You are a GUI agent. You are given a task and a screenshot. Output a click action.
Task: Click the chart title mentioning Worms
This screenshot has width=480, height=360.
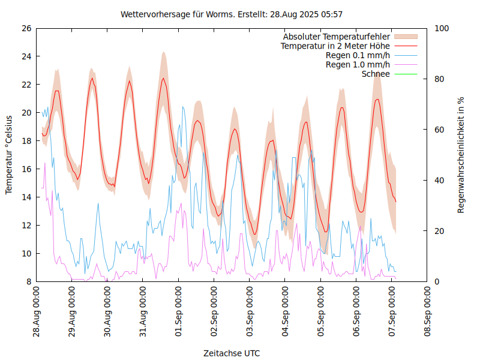click(x=232, y=14)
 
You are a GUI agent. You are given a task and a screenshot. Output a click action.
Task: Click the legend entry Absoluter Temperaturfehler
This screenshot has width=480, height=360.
click(x=337, y=37)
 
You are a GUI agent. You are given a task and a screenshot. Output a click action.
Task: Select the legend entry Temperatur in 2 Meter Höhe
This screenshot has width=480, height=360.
click(x=335, y=46)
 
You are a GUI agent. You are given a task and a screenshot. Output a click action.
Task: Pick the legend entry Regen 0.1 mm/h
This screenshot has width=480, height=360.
click(x=358, y=55)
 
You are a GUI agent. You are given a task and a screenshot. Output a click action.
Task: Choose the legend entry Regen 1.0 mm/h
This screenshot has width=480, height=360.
click(x=358, y=64)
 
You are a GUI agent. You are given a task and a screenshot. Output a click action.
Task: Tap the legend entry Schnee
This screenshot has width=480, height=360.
click(x=376, y=74)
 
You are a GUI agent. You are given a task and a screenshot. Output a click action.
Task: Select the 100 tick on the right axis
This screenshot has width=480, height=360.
click(x=442, y=28)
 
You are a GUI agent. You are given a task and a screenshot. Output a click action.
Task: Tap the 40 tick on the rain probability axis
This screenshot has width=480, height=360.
click(x=440, y=181)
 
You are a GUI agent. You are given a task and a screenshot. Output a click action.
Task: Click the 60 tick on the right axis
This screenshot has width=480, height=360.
click(x=440, y=130)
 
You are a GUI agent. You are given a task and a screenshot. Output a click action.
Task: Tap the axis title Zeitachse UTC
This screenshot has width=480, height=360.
click(x=232, y=353)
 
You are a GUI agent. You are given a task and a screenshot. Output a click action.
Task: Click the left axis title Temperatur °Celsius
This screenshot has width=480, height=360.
click(x=9, y=155)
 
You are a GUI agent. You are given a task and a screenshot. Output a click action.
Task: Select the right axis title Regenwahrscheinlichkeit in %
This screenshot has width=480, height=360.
click(x=461, y=155)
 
